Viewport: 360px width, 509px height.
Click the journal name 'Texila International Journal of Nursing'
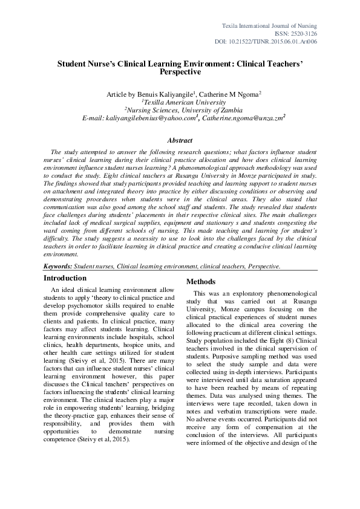pyautogui.click(x=269, y=24)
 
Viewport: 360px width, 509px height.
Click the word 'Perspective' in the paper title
pyautogui.click(x=180, y=71)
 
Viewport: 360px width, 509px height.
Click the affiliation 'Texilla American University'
pyautogui.click(x=181, y=102)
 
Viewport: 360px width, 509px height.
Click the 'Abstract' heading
pyautogui.click(x=180, y=140)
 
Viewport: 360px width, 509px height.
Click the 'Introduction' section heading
pyautogui.click(x=65, y=278)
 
